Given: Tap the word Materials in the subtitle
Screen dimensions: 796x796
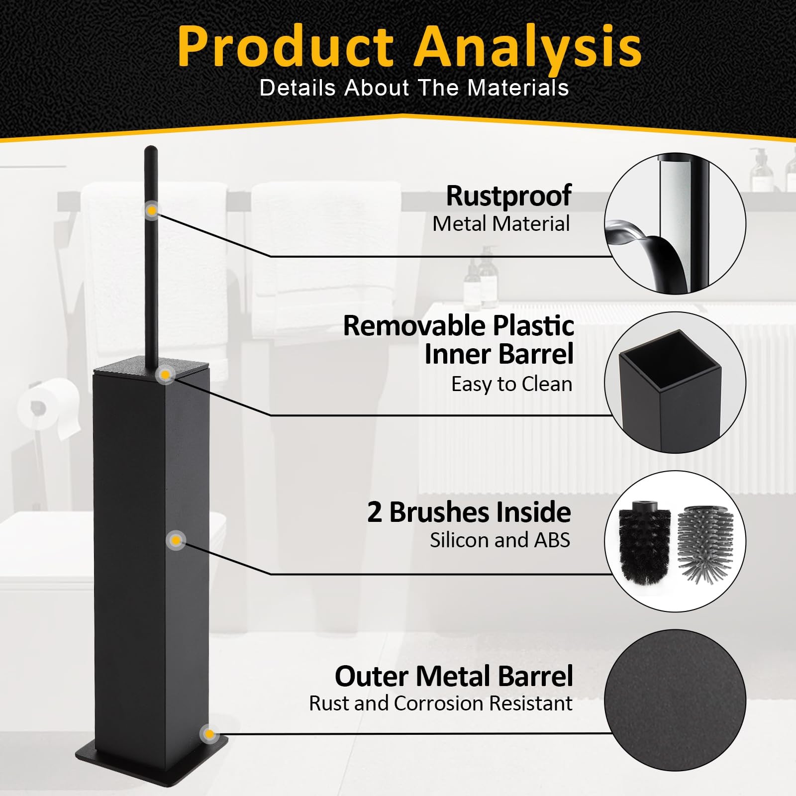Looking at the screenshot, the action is [518, 88].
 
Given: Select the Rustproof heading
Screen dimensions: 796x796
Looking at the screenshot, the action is [508, 196].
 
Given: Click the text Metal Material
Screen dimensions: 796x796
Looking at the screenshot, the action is [501, 224].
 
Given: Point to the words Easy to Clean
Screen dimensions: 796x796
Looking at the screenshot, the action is [511, 384].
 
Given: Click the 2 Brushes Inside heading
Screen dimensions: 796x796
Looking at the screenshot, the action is [469, 512].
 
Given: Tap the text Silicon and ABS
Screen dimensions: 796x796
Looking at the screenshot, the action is [500, 540].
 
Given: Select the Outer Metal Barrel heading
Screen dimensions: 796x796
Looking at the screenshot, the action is [454, 676].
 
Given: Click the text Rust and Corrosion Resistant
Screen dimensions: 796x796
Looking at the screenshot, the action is [441, 703].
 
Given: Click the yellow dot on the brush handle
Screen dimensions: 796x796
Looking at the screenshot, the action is [152, 211].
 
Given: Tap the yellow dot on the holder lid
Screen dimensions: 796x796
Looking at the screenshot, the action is [165, 375].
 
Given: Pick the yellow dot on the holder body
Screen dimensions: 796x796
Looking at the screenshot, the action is [176, 540].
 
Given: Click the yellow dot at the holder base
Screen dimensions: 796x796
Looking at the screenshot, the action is [209, 734].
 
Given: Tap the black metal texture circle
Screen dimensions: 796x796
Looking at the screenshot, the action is [675, 700].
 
